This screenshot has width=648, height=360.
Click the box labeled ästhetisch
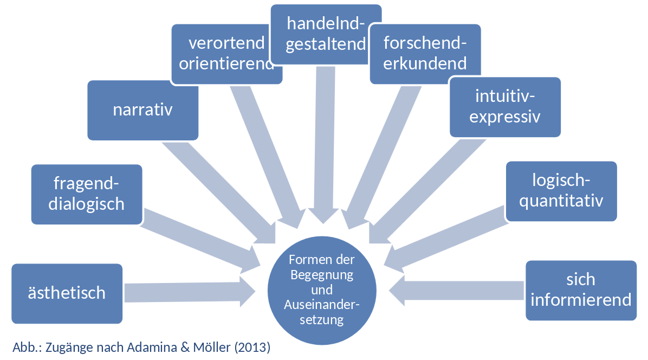point(67,293)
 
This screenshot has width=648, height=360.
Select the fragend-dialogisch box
point(87,194)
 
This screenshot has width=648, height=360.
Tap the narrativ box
point(142,110)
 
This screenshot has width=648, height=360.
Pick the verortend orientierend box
point(226,54)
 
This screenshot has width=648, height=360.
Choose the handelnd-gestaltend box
point(326,34)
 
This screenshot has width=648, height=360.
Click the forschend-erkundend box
point(425,54)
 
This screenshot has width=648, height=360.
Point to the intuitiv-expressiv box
point(505,106)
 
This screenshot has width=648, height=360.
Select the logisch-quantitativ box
point(561,191)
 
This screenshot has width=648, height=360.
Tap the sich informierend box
point(581,290)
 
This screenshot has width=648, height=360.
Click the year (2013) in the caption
point(251,348)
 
